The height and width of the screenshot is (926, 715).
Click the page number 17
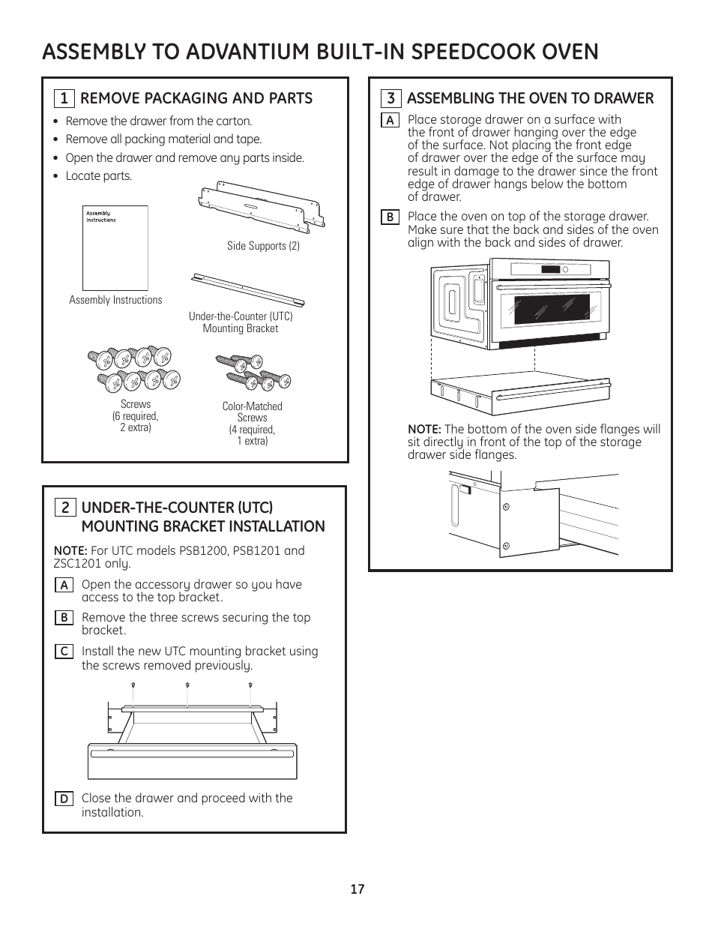pyautogui.click(x=357, y=889)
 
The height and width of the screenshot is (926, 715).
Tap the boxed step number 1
pyautogui.click(x=64, y=99)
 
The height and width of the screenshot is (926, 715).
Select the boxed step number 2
pyautogui.click(x=64, y=508)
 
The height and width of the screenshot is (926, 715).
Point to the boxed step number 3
pyautogui.click(x=390, y=99)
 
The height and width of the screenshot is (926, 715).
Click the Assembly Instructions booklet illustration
pyautogui.click(x=115, y=247)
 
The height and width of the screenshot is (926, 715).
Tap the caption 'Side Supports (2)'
pyautogui.click(x=263, y=246)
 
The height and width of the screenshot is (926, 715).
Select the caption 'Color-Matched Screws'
pyautogui.click(x=252, y=412)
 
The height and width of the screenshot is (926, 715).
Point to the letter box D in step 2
pyautogui.click(x=64, y=799)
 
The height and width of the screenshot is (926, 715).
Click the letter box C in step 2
pyautogui.click(x=64, y=652)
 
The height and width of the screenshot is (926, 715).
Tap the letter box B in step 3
pyautogui.click(x=390, y=217)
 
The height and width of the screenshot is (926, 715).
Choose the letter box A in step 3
pyautogui.click(x=390, y=120)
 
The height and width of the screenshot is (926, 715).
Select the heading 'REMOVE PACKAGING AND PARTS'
pyautogui.click(x=196, y=98)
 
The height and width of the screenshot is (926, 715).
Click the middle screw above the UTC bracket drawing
pyautogui.click(x=187, y=685)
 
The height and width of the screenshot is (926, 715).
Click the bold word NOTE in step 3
pyautogui.click(x=423, y=430)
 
